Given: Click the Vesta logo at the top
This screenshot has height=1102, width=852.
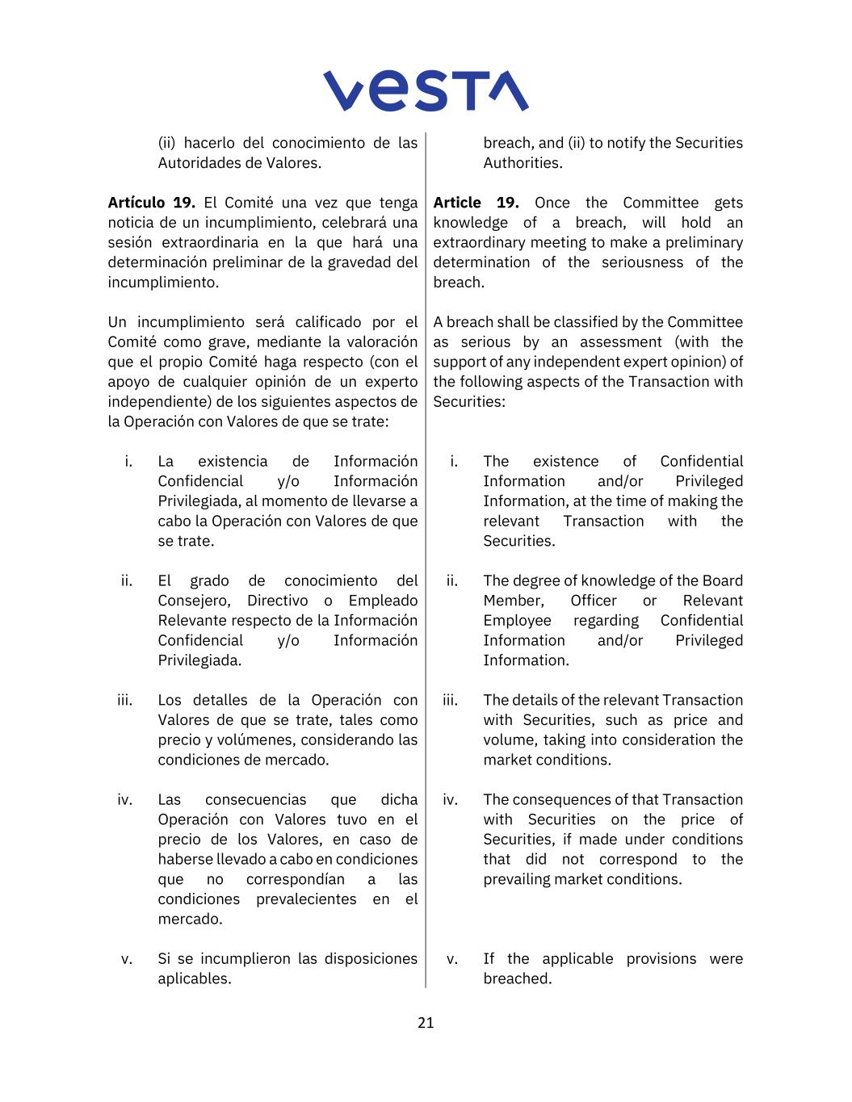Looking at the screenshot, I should (x=426, y=90).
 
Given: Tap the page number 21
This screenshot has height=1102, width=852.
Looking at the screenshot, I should (x=426, y=1023).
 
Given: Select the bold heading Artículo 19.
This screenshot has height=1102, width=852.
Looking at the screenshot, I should (x=151, y=203).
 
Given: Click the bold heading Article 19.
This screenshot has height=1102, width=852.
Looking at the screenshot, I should (x=476, y=203).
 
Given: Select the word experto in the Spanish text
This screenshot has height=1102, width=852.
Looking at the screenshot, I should (x=392, y=382).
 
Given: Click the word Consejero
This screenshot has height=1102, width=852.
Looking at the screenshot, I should (x=193, y=601).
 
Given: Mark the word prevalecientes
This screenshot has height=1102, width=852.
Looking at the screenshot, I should (x=306, y=899).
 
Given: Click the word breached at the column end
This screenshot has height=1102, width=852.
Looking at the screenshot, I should (x=516, y=978).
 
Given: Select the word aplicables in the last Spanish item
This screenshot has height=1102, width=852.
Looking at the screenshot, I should (x=193, y=978).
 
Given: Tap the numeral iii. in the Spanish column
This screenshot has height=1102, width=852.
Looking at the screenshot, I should (x=125, y=700).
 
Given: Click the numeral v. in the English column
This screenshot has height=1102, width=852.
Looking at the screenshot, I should (x=452, y=959).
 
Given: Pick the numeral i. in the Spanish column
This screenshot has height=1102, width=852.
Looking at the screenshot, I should (x=128, y=462).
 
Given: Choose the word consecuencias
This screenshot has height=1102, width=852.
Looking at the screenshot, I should (x=255, y=800).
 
